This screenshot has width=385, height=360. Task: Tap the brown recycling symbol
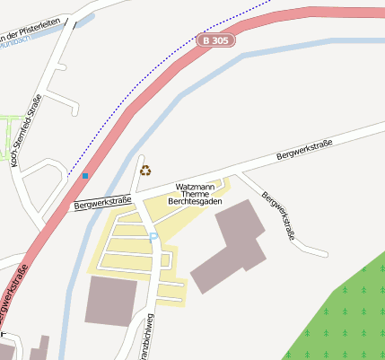pos(145,170)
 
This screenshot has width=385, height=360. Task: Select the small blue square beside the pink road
pos(85,176)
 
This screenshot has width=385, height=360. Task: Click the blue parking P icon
pos(153,236)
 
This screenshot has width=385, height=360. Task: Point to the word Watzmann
pos(195,186)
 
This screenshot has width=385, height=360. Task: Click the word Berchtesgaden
pos(195,202)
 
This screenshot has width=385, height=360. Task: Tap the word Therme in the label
pos(195,194)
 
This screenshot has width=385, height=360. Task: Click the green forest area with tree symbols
pos(341,314)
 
